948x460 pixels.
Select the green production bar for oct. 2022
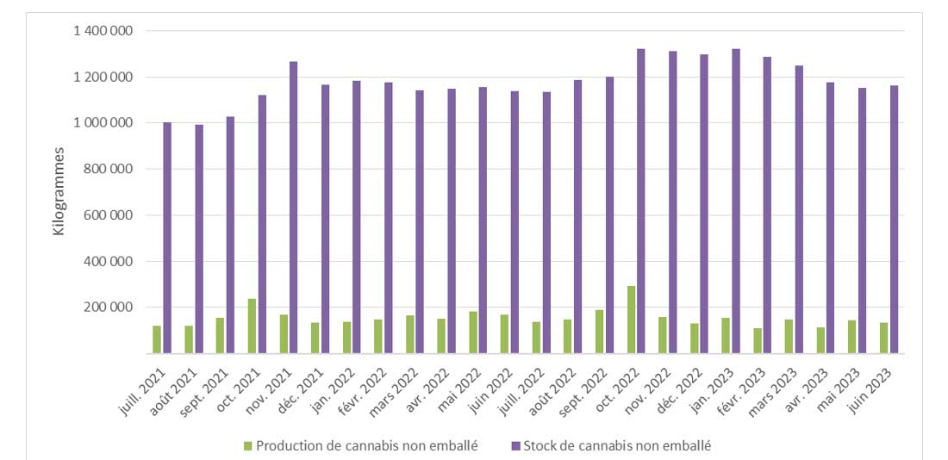pyautogui.click(x=631, y=320)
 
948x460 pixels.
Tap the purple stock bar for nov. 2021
pyautogui.click(x=294, y=207)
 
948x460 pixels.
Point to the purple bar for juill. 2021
pyautogui.click(x=167, y=238)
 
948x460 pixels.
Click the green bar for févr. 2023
pyautogui.click(x=757, y=340)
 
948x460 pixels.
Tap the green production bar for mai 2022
pyautogui.click(x=473, y=332)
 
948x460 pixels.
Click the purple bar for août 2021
pyautogui.click(x=199, y=239)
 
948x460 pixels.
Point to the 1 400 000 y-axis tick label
pyautogui.click(x=103, y=31)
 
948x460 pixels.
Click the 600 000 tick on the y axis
pyautogui.click(x=109, y=215)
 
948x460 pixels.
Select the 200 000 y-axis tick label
pyautogui.click(x=109, y=308)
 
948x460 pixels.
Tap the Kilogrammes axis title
pyautogui.click(x=59, y=192)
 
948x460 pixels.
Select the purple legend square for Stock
pyautogui.click(x=515, y=445)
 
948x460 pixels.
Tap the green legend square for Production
pyautogui.click(x=248, y=445)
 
